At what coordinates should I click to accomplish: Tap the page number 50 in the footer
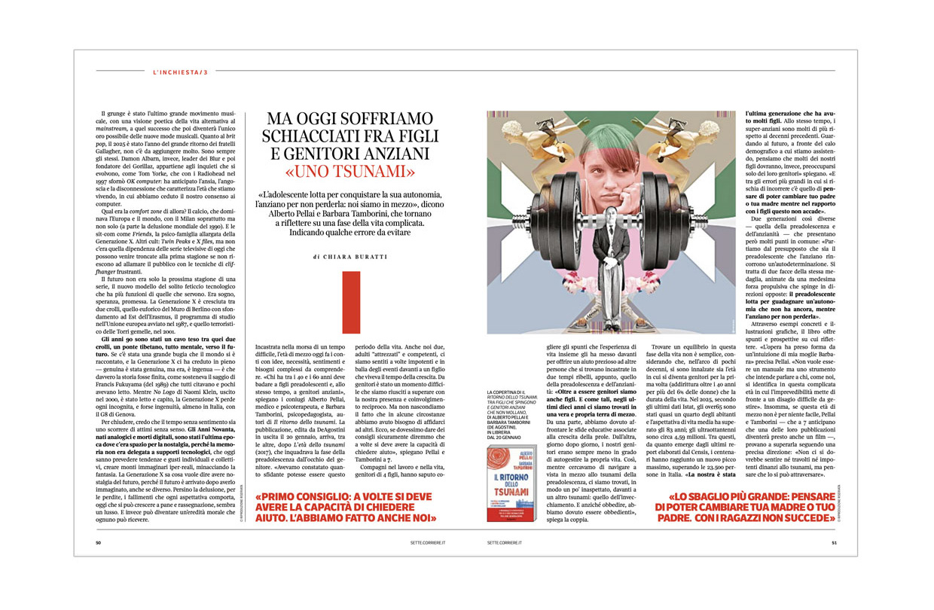click(99, 541)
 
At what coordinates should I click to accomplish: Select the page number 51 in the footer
click(834, 541)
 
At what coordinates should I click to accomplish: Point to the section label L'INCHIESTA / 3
click(179, 72)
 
